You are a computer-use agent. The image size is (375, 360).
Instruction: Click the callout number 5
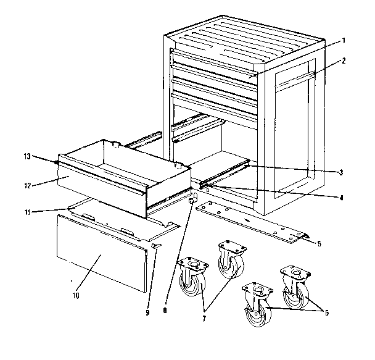[x=319, y=243]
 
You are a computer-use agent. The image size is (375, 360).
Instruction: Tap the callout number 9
[x=147, y=313]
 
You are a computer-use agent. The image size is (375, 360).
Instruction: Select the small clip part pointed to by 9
[x=155, y=246]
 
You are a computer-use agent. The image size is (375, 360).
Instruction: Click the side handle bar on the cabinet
[x=295, y=78]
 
